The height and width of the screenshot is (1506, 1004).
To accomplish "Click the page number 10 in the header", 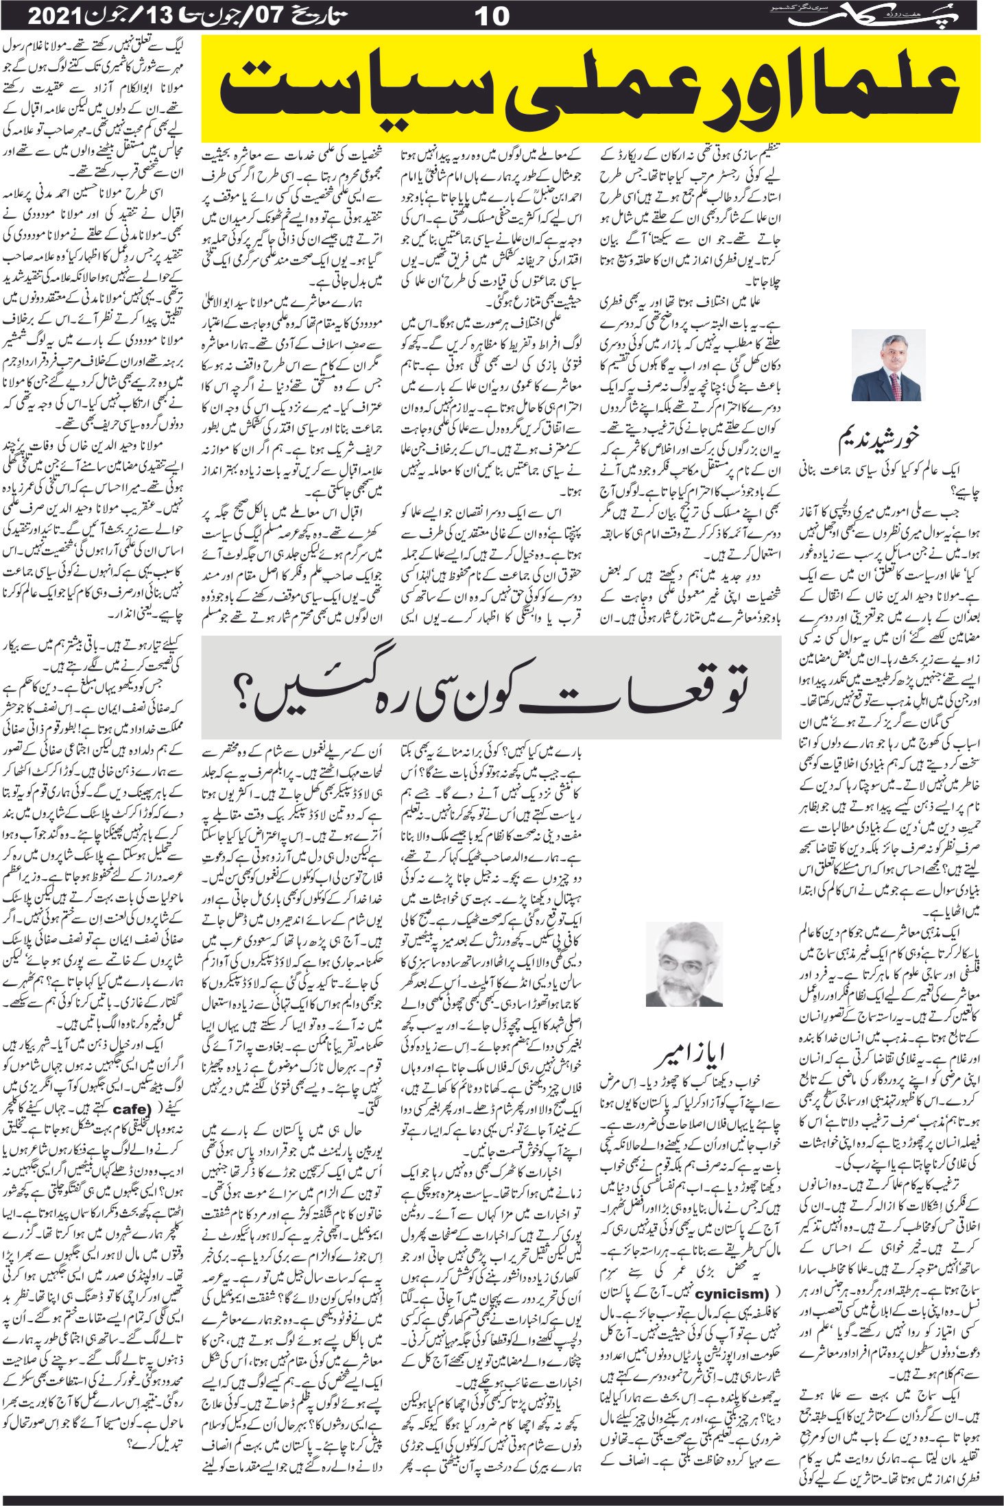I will coord(492,15).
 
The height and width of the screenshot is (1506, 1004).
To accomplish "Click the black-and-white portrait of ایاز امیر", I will coord(684,963).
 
